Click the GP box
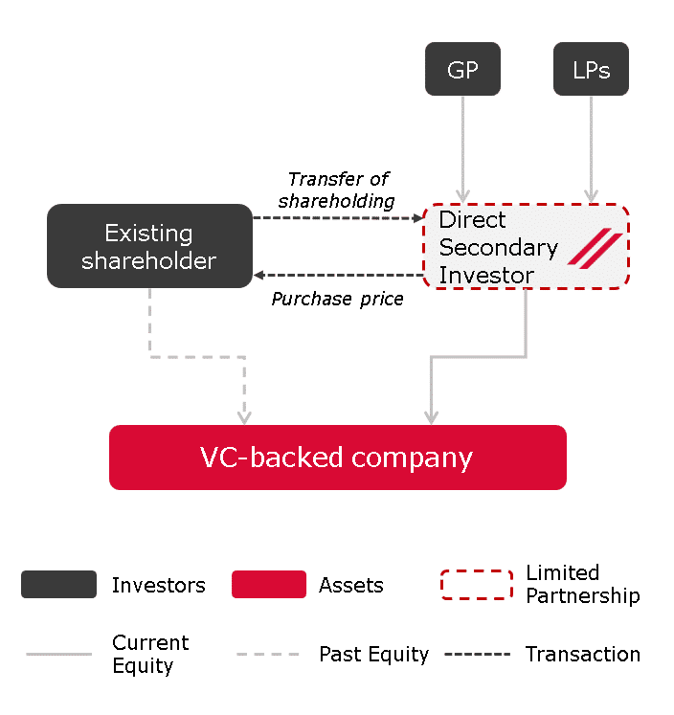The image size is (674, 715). (462, 69)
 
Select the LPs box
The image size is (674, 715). (591, 69)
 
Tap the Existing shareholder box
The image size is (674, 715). (149, 246)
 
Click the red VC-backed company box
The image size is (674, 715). (338, 458)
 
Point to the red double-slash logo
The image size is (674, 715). (595, 249)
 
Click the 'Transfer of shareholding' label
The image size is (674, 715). (337, 190)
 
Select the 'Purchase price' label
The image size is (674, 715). (337, 300)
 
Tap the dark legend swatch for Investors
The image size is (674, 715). (58, 584)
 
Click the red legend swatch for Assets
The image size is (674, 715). (269, 584)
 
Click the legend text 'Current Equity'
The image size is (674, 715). (150, 654)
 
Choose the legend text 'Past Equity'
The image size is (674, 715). (374, 655)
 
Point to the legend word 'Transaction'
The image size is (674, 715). (583, 655)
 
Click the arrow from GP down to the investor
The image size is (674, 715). (462, 149)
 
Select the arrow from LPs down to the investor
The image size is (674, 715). (592, 149)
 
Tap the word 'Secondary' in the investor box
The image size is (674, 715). (499, 249)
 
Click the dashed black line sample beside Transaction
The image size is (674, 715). (478, 655)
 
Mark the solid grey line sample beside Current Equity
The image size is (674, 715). (58, 655)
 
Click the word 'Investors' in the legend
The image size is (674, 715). (159, 585)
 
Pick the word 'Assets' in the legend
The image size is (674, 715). (351, 585)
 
